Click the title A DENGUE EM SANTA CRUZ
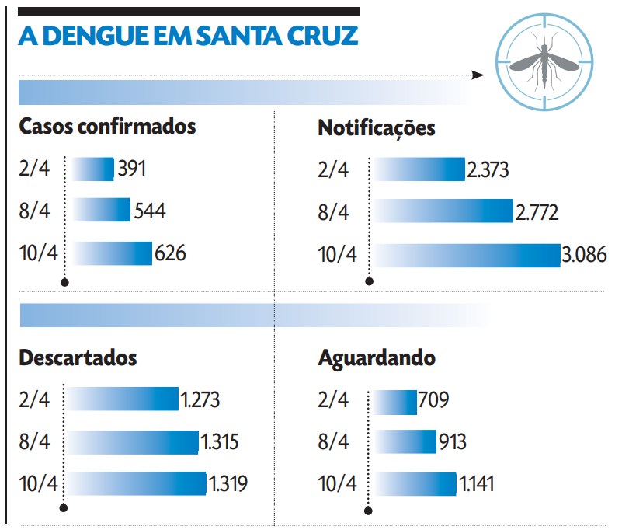click(x=188, y=37)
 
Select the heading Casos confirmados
click(x=107, y=127)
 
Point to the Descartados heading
click(x=78, y=358)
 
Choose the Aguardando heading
click(x=377, y=359)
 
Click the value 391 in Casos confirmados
click(x=131, y=169)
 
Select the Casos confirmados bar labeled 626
click(x=113, y=253)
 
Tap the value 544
click(x=150, y=211)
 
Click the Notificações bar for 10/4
click(x=466, y=255)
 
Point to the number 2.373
click(x=488, y=169)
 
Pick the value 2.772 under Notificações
click(x=537, y=211)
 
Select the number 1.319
click(x=228, y=484)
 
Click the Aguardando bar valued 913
click(x=405, y=441)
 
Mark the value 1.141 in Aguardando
click(x=477, y=484)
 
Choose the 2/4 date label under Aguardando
click(x=334, y=400)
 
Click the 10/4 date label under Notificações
click(x=338, y=255)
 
